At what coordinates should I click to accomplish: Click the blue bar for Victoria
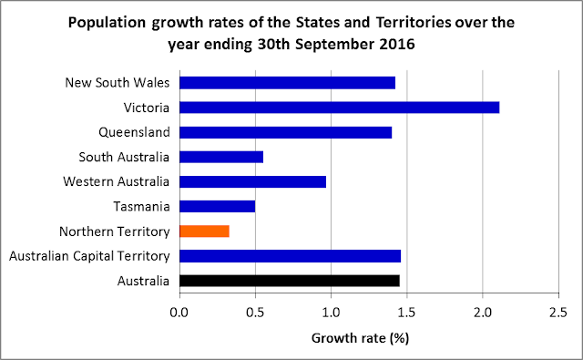click(339, 108)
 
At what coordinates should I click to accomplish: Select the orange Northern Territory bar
click(204, 231)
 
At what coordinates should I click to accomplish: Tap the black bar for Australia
click(289, 280)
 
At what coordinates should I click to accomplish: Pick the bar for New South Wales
click(287, 83)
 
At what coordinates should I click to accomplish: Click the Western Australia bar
click(252, 181)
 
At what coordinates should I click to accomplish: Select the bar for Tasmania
click(217, 206)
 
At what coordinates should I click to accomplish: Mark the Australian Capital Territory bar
click(290, 255)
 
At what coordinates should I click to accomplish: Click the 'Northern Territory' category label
click(114, 231)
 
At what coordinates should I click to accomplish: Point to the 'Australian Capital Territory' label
click(89, 255)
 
